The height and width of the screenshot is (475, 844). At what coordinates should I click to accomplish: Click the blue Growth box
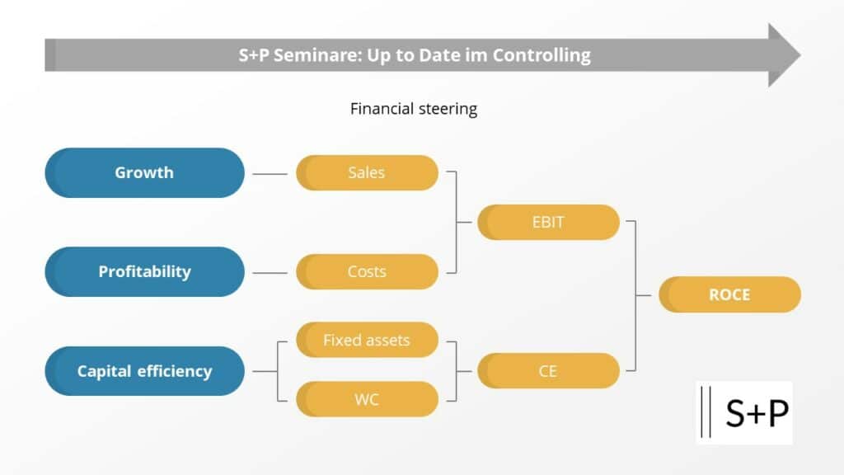point(145,173)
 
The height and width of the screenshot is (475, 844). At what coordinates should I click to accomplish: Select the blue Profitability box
point(145,272)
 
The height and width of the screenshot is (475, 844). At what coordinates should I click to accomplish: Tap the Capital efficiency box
point(145,371)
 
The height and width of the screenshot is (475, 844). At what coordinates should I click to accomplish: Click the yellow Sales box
point(367,173)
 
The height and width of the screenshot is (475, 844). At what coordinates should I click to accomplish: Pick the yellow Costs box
point(367,272)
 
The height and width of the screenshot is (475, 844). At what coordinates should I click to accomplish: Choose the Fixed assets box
point(367,340)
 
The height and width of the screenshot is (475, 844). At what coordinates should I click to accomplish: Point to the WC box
point(367,400)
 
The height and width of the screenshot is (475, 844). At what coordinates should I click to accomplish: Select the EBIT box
point(548,223)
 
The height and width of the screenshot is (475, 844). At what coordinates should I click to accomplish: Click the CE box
point(548,371)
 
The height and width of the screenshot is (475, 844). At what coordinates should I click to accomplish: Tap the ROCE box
point(730,294)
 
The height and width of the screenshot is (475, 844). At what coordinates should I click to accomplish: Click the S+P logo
point(744,413)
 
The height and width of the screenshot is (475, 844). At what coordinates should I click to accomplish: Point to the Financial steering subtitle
point(414,109)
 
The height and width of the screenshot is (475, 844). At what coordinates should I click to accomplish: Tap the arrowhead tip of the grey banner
point(801,55)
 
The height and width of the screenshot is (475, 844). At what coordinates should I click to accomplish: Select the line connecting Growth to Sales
point(270,174)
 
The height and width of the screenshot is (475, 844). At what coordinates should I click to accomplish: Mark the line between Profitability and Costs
point(270,273)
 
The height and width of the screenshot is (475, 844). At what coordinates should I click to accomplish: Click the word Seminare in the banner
point(317,55)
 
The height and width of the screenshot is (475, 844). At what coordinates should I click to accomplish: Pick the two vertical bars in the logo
point(706,412)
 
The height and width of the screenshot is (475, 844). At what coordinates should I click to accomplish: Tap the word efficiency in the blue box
point(175,372)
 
